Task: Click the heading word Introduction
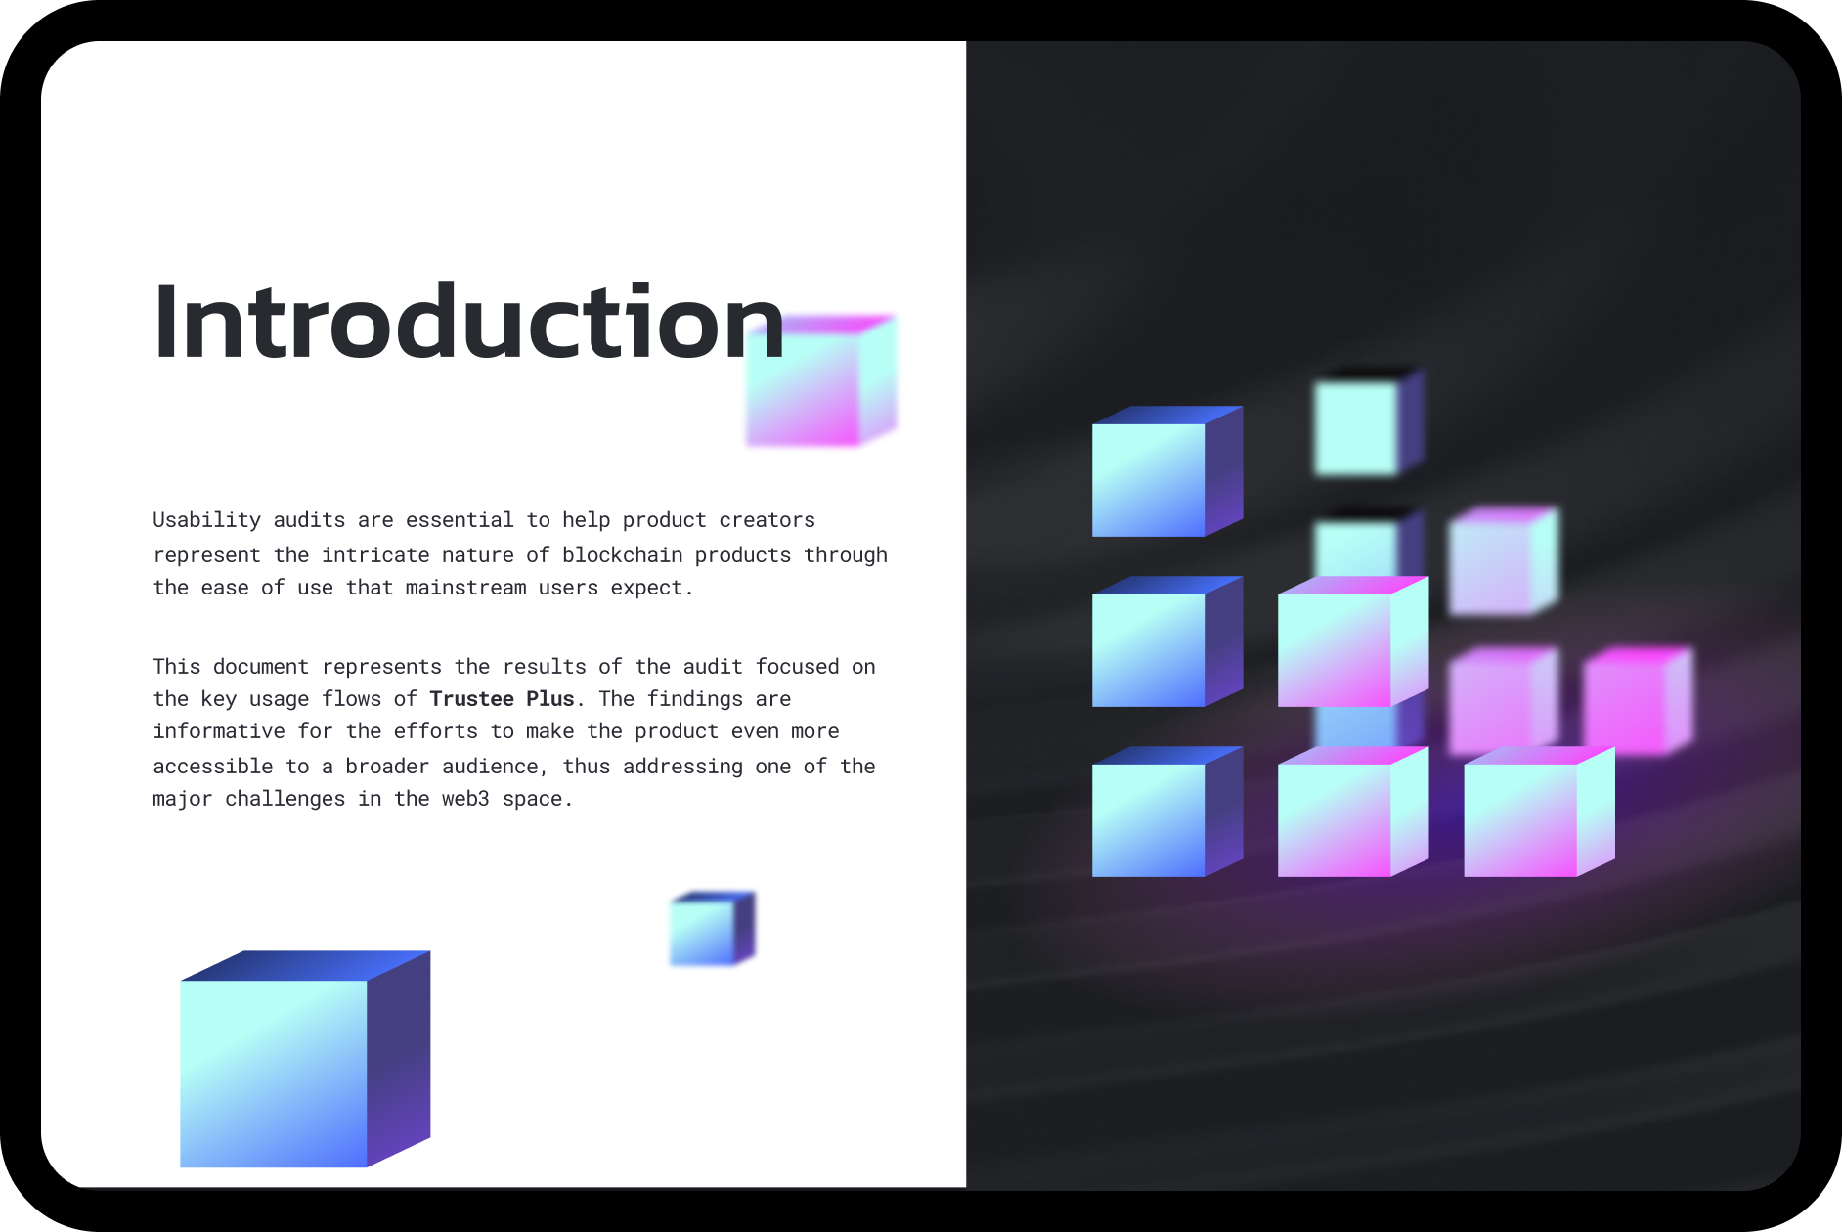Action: (469, 321)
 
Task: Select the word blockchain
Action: (622, 554)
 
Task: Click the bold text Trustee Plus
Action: (502, 698)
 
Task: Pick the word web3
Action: (465, 798)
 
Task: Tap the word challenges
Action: (285, 799)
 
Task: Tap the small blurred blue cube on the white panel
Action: (712, 929)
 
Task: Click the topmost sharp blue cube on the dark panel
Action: (1167, 471)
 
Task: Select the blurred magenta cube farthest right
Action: (1639, 700)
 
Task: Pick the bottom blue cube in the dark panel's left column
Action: (1167, 812)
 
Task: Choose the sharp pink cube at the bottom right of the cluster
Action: (1539, 812)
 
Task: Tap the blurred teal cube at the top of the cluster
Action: (1369, 421)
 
